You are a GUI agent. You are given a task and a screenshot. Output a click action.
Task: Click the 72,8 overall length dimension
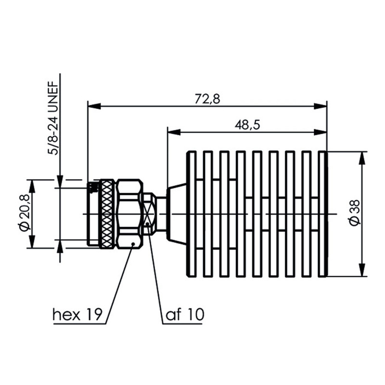207,99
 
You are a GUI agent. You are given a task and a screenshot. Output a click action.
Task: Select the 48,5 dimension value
247,125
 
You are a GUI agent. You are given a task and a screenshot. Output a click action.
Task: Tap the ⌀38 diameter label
355,213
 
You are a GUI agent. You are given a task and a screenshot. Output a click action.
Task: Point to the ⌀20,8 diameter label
25,213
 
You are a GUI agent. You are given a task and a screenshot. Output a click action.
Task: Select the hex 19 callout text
77,314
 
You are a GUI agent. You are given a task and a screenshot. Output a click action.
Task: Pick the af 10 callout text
185,314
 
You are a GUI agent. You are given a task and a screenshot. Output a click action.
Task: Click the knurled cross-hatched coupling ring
107,214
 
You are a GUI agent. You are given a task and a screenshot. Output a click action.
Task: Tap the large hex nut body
129,214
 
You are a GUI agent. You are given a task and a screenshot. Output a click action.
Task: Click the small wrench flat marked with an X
149,214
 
